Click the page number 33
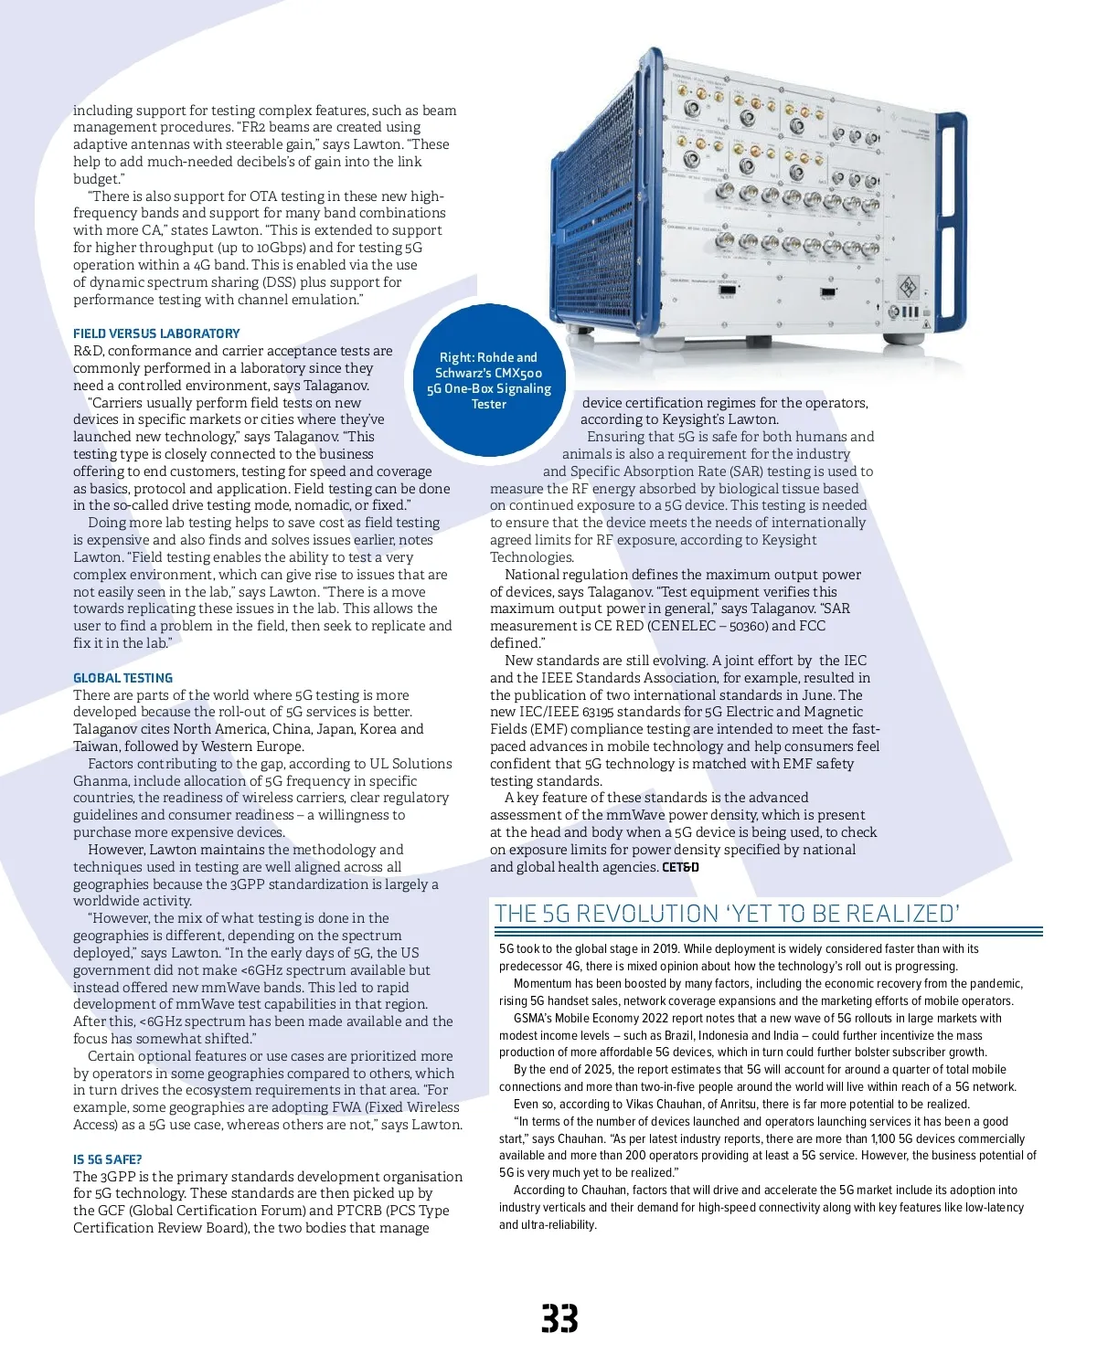click(x=559, y=1319)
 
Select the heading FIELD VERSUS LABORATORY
click(x=156, y=333)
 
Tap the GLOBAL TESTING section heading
click(x=122, y=678)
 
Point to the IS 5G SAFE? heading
click(x=108, y=1159)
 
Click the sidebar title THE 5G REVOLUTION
click(x=727, y=914)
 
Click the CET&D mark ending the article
click(x=680, y=867)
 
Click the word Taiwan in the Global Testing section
click(x=97, y=746)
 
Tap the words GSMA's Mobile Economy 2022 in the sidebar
click(x=600, y=1019)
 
